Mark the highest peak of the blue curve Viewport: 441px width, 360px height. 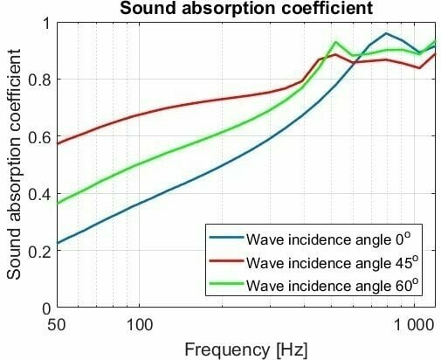click(x=386, y=33)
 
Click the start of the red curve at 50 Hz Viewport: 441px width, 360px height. click(x=57, y=143)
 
